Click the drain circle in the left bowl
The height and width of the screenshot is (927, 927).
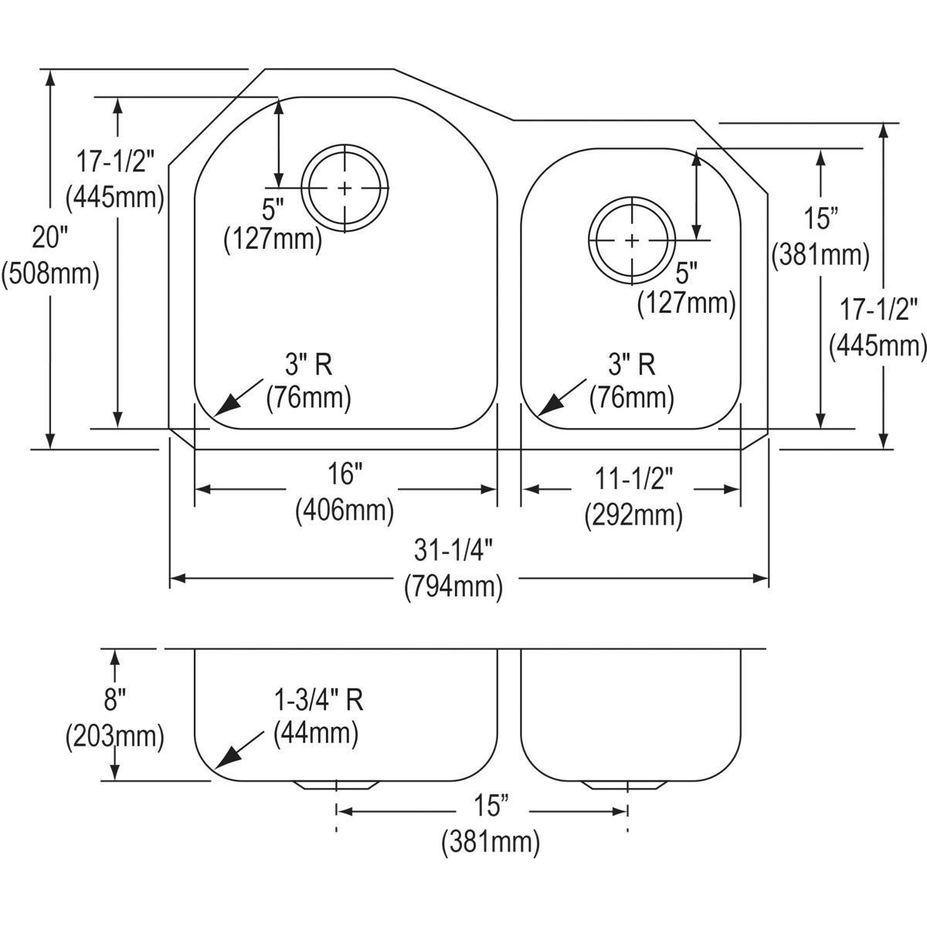(x=343, y=188)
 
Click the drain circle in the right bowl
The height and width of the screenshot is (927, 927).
(x=632, y=240)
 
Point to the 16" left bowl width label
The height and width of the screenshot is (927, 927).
(x=345, y=474)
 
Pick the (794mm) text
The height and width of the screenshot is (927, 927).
(x=453, y=587)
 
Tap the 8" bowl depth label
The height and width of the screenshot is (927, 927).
(x=114, y=701)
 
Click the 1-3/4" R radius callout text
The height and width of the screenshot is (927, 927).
(x=317, y=700)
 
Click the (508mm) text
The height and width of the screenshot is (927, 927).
(x=51, y=274)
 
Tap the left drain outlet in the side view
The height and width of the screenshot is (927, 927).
(x=336, y=786)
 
